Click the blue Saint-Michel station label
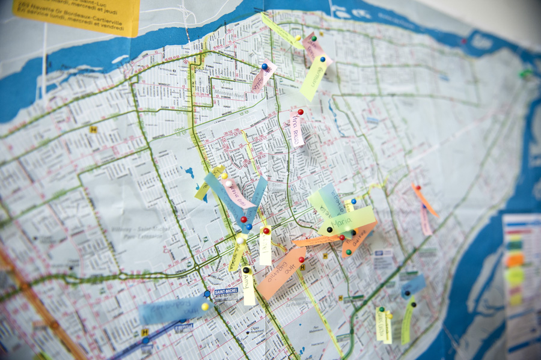coord(226,291)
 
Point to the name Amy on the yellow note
coord(248,288)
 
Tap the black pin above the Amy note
coord(245,270)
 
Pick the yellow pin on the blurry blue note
coord(204,307)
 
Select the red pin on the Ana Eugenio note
coord(302,260)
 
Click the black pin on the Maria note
coord(329,230)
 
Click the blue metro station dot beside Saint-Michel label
coord(207,294)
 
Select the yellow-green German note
coord(313,78)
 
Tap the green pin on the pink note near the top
coord(313,38)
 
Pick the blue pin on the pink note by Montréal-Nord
coord(264,67)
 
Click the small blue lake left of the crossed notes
coord(190,173)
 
